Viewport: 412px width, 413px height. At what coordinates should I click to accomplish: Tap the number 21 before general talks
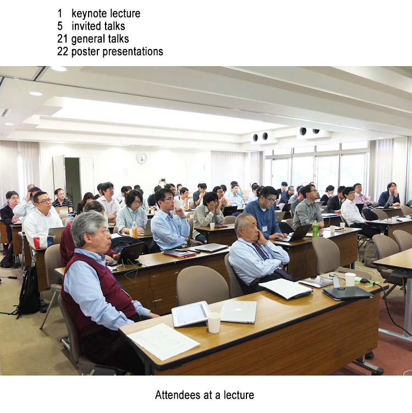click(62, 39)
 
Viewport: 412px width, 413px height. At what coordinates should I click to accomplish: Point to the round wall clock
click(141, 158)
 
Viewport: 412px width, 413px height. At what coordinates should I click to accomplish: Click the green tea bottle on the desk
click(315, 229)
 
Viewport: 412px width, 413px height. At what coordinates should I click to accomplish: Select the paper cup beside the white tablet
click(214, 322)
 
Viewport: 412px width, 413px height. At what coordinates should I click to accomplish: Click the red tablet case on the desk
click(180, 253)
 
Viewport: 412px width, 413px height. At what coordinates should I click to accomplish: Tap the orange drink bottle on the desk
click(135, 230)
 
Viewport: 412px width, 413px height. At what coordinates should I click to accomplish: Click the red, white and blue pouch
click(43, 242)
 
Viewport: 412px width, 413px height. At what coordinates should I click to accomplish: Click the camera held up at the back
click(163, 180)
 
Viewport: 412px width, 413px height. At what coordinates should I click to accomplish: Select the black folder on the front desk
click(347, 293)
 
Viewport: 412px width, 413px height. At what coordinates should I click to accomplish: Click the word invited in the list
click(86, 26)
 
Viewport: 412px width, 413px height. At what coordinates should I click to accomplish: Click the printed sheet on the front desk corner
click(163, 341)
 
